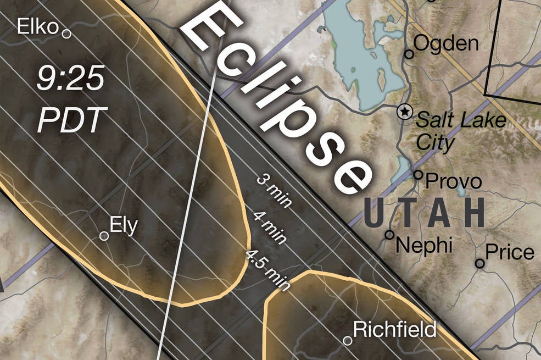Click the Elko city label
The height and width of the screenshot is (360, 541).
tap(38, 26)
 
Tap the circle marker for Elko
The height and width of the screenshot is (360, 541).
tap(66, 34)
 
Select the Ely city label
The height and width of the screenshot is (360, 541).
tap(124, 225)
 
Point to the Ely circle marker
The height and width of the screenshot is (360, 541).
tap(104, 236)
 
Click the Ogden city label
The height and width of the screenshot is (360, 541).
tap(445, 43)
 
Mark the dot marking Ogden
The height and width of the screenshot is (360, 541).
tap(409, 54)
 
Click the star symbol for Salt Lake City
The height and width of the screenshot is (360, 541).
tap(404, 112)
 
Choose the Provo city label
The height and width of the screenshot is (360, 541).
tap(454, 181)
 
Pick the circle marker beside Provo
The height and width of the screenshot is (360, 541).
tap(419, 175)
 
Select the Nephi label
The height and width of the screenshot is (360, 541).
tap(425, 245)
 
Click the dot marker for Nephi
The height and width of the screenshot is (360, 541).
tap(389, 235)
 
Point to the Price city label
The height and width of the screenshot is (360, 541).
tap(510, 252)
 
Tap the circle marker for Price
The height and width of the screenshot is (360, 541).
tap(479, 263)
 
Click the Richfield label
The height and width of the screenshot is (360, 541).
tap(394, 329)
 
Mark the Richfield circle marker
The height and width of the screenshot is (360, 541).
tap(347, 340)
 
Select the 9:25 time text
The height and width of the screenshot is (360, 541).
tap(70, 80)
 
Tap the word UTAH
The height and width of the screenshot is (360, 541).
tap(424, 213)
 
